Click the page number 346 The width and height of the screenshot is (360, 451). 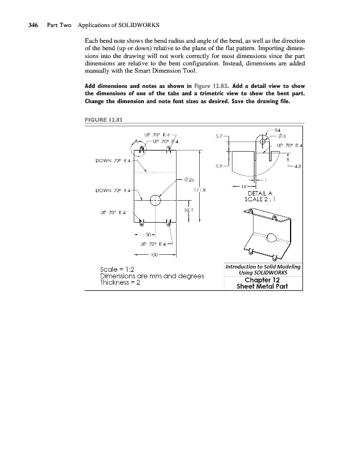pyautogui.click(x=29, y=26)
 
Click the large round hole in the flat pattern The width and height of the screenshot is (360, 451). pyautogui.click(x=155, y=201)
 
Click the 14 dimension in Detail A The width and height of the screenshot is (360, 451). pyautogui.click(x=244, y=185)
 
